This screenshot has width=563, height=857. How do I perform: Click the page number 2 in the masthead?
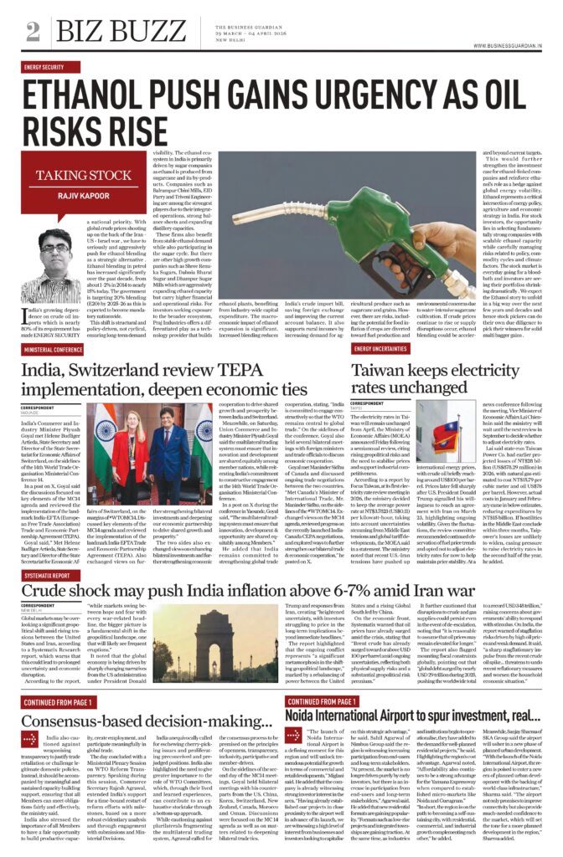[x=33, y=30]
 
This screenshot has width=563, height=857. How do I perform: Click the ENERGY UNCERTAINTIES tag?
[x=385, y=348]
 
